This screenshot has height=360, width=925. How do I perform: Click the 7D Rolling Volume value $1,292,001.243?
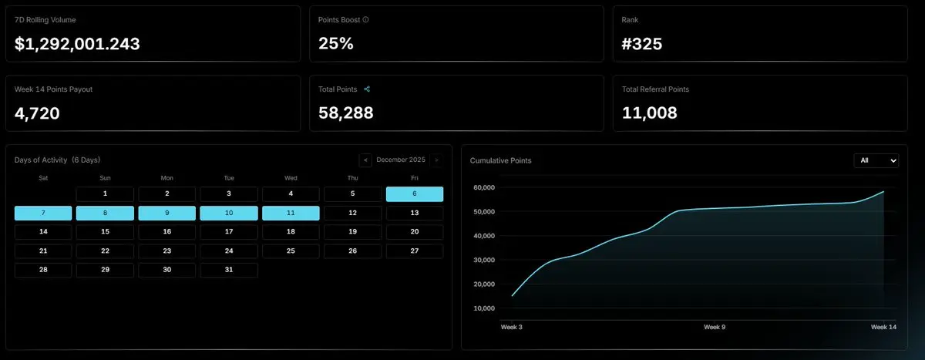click(x=77, y=44)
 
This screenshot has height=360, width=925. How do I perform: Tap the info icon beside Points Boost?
click(x=365, y=20)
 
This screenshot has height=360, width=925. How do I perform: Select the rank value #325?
click(x=642, y=44)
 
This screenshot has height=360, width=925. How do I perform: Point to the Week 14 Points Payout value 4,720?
click(x=37, y=113)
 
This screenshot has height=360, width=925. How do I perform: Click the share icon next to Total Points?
click(x=367, y=89)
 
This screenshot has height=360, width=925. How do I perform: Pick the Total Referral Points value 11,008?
click(x=650, y=113)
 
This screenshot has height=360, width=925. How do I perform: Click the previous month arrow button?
click(x=365, y=160)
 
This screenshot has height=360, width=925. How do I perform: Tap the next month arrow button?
click(x=436, y=160)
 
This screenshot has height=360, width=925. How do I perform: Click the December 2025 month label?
click(x=401, y=160)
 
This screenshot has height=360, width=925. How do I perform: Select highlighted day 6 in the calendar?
click(x=415, y=193)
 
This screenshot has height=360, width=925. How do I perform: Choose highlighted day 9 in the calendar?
click(x=166, y=213)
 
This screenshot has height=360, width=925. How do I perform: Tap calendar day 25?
click(x=291, y=251)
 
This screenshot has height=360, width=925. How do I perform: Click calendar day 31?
click(x=229, y=270)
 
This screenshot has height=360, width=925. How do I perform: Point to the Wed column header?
click(x=291, y=177)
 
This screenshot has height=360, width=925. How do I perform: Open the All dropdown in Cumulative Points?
click(x=876, y=160)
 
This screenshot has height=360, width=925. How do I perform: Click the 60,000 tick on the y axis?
click(x=484, y=187)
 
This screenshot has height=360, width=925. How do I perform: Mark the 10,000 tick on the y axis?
click(x=484, y=308)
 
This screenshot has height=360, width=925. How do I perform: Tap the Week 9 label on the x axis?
click(x=715, y=328)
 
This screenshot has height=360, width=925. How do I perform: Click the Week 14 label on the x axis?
click(x=883, y=328)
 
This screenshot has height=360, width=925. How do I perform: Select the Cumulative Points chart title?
click(x=500, y=160)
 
